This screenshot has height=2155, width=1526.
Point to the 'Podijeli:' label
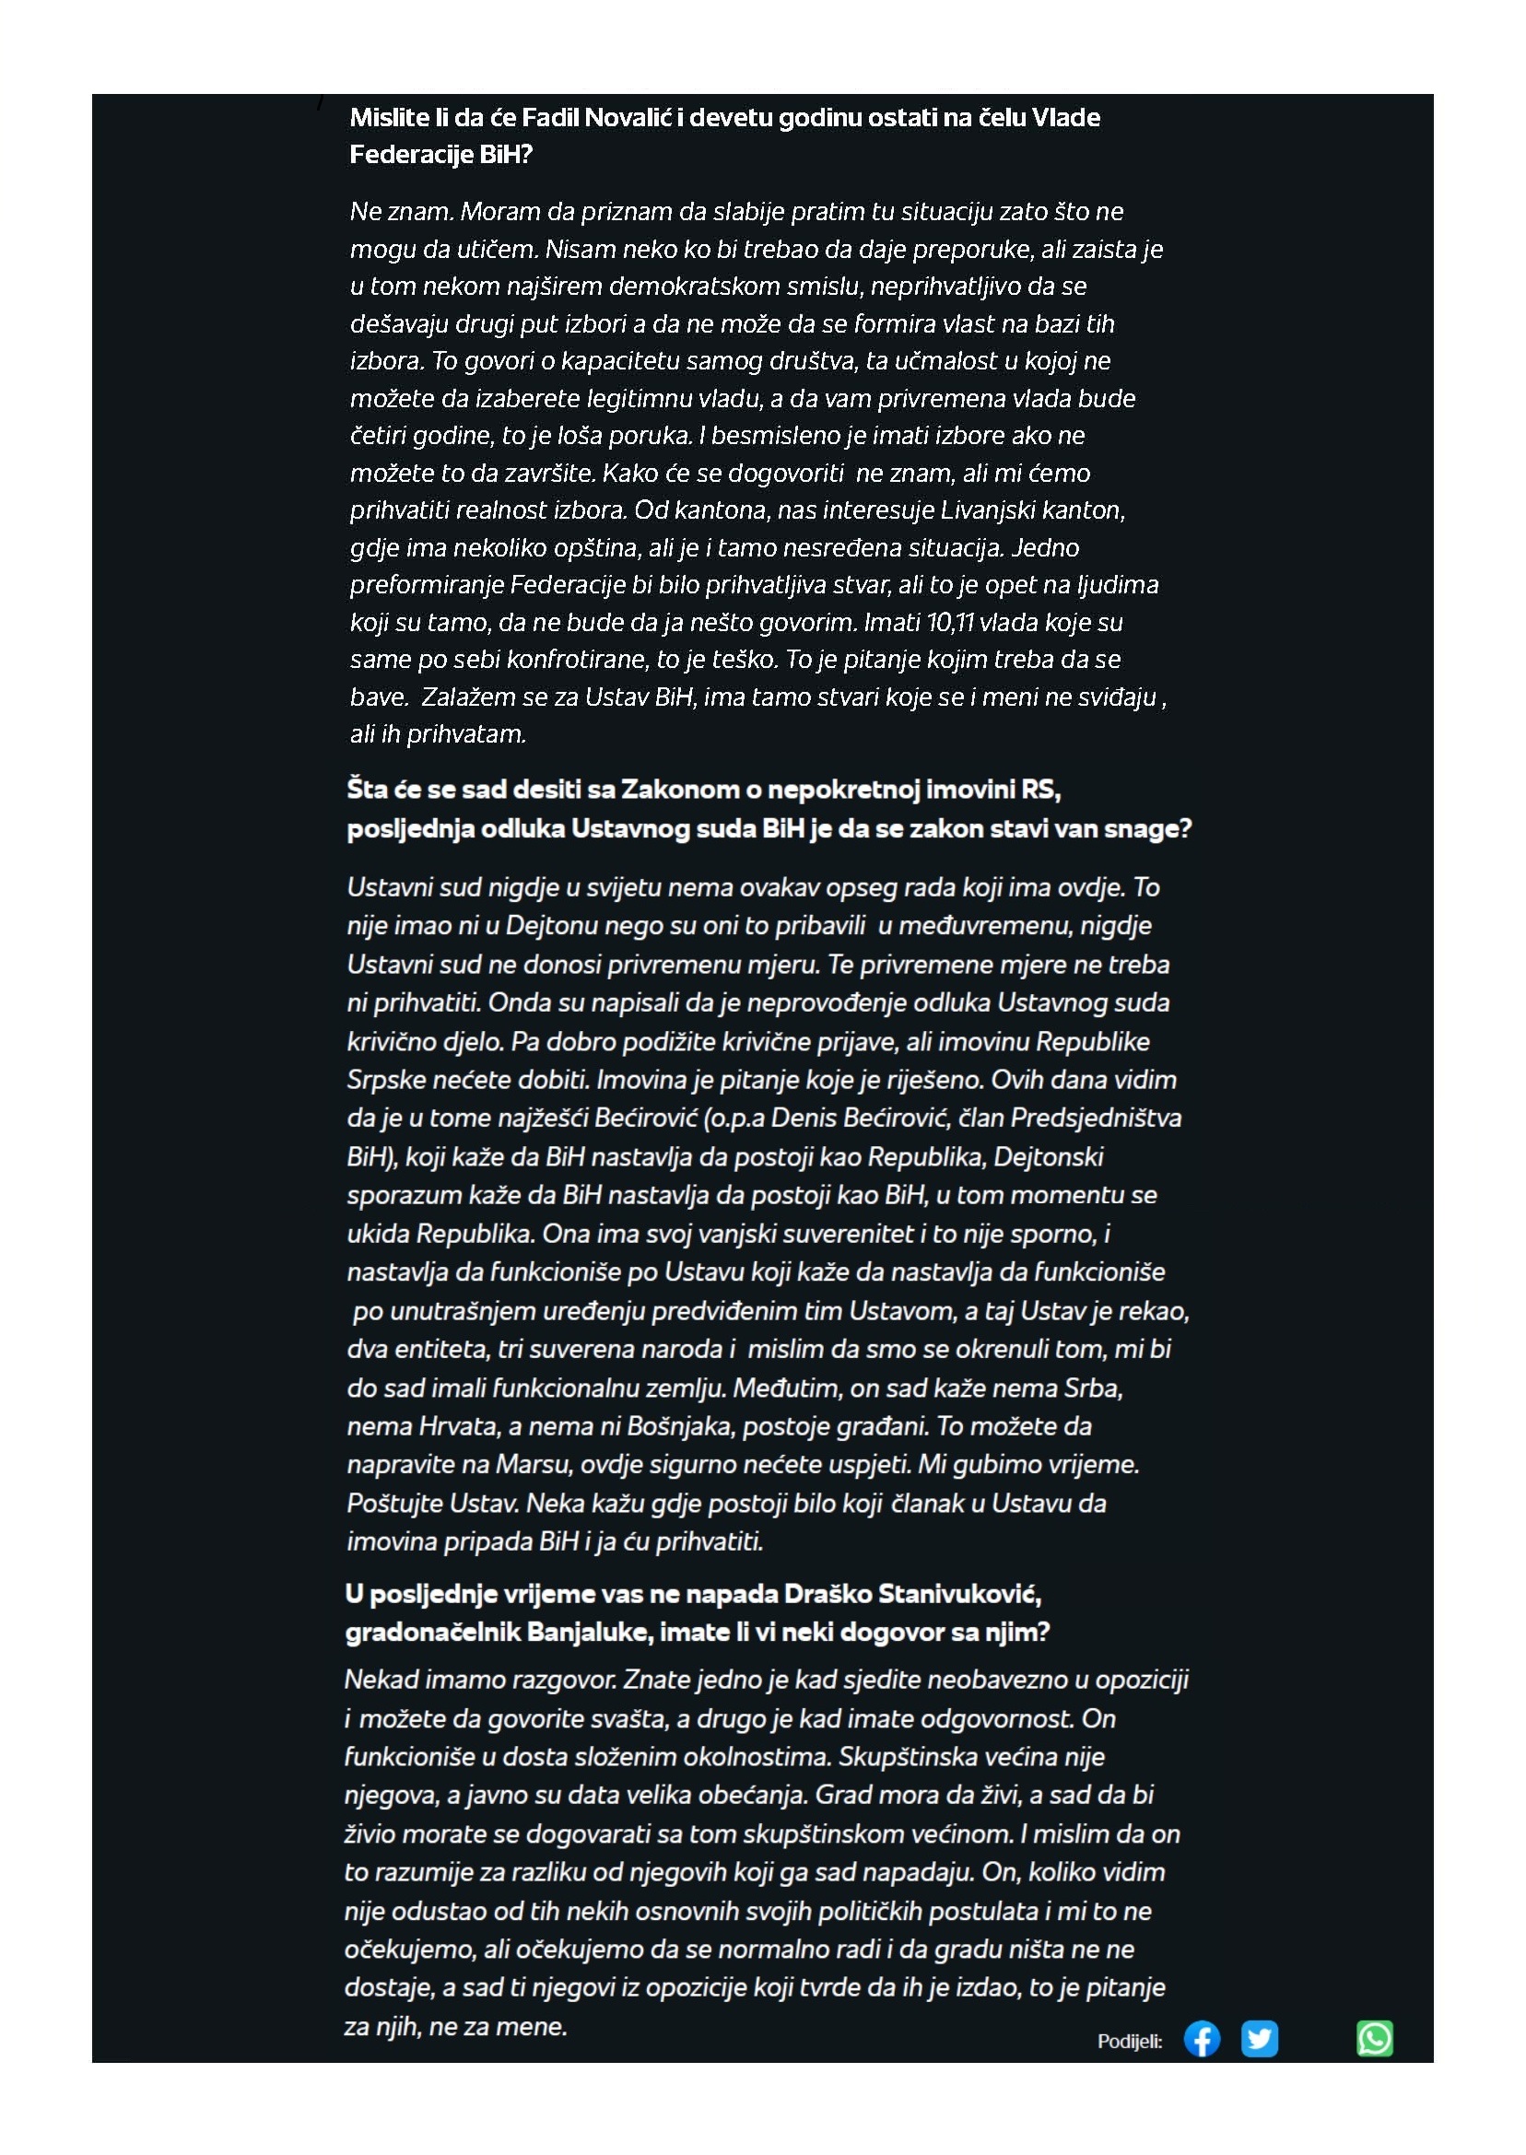pyautogui.click(x=1130, y=2041)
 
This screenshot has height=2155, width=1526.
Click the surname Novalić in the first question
pyautogui.click(x=626, y=117)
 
